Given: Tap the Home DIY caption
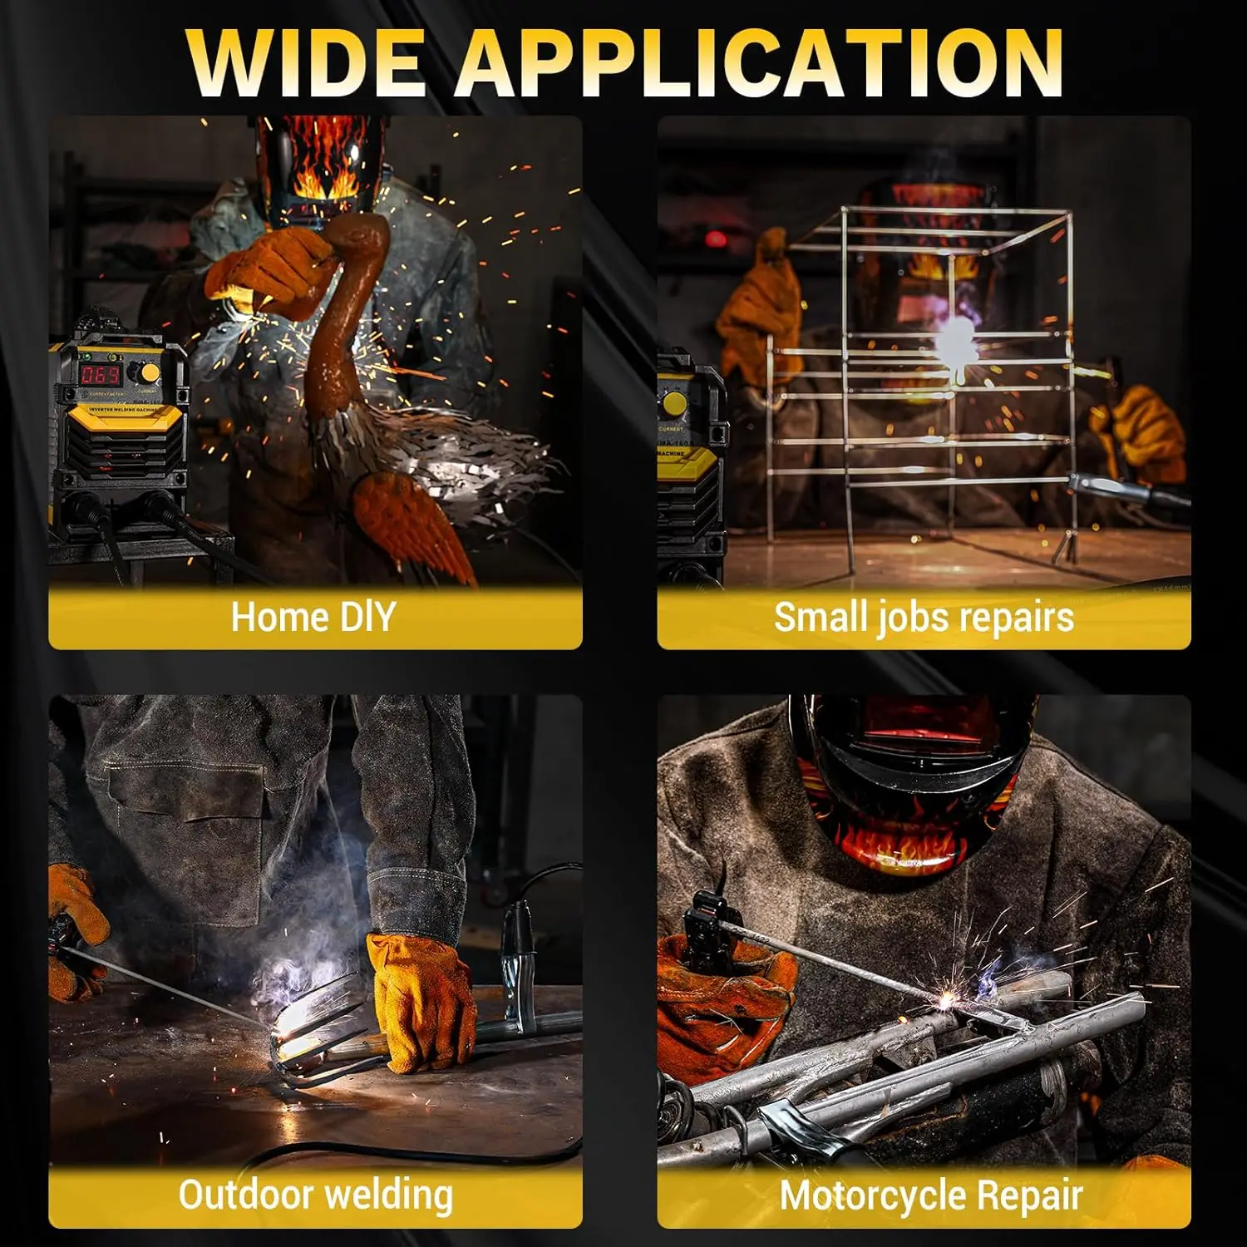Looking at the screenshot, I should coord(313,618).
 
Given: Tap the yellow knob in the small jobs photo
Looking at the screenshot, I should coord(675,404).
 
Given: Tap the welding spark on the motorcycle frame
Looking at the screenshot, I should coord(946,1002).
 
